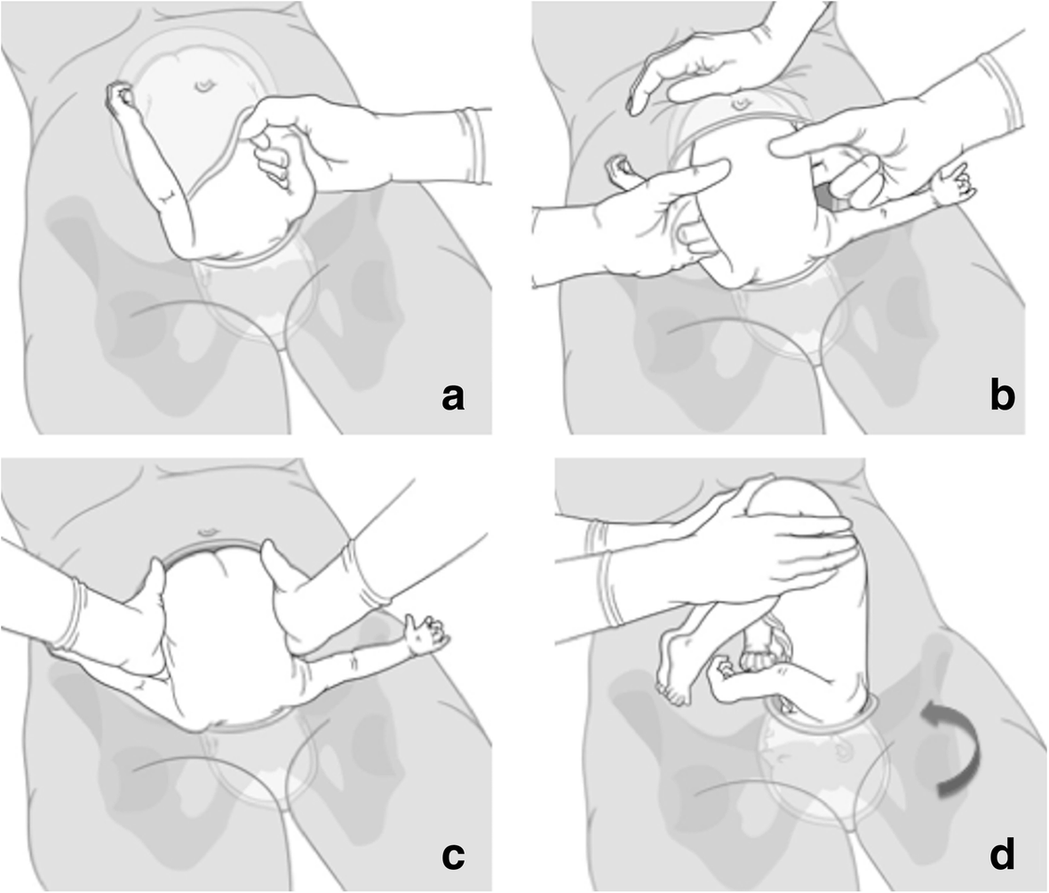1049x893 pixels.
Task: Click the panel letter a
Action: pyautogui.click(x=453, y=398)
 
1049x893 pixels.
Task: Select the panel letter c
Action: pyautogui.click(x=453, y=857)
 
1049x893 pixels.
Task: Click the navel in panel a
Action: pyautogui.click(x=203, y=85)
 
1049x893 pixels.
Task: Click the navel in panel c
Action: pyautogui.click(x=209, y=531)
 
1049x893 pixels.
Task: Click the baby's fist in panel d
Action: pyautogui.click(x=722, y=672)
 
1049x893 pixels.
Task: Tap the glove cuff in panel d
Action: pyautogui.click(x=600, y=573)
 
